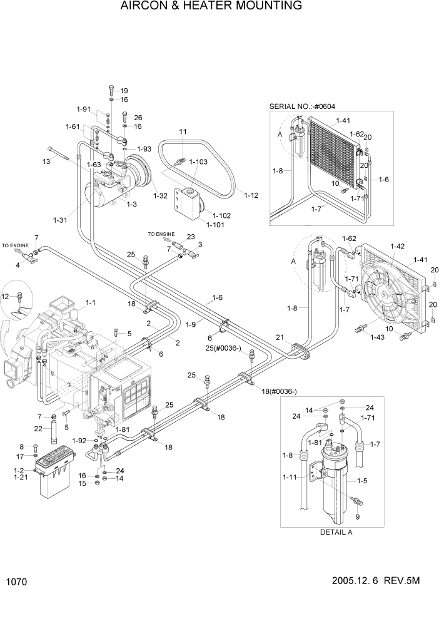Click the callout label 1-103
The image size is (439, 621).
click(198, 162)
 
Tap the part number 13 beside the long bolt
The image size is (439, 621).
click(46, 162)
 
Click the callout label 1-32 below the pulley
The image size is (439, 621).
click(162, 196)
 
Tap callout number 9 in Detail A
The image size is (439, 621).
click(357, 517)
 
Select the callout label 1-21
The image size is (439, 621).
click(20, 478)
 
